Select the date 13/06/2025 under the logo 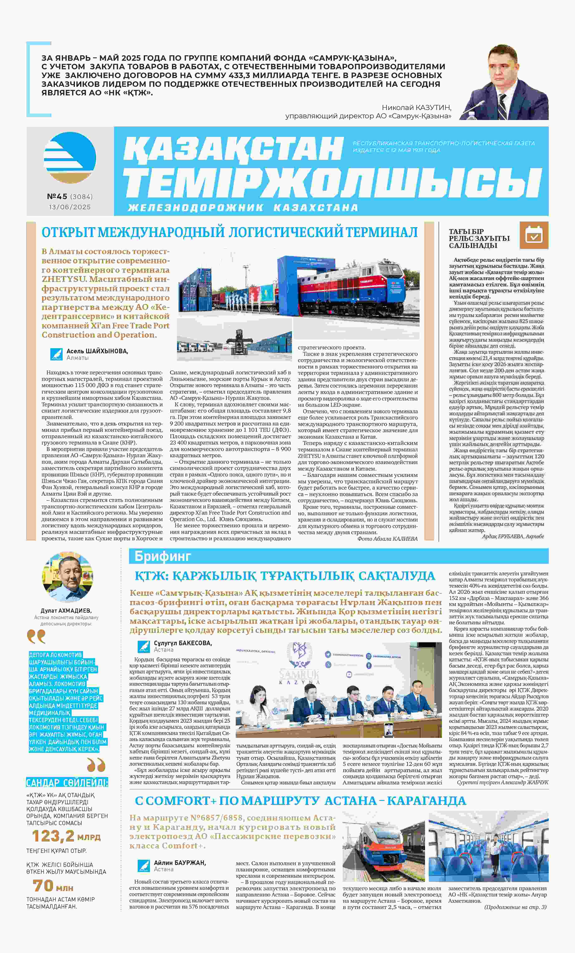click(x=70, y=207)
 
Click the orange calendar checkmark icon click(x=534, y=235)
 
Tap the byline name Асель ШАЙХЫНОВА click(x=97, y=351)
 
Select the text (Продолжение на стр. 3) click(x=515, y=907)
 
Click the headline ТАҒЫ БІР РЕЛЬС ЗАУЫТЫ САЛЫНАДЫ click(x=479, y=238)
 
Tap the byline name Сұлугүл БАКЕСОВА click(x=183, y=643)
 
